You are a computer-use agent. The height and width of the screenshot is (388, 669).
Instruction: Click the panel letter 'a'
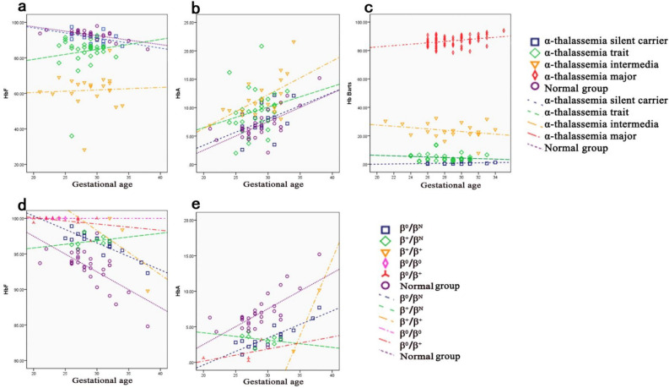point(7,8)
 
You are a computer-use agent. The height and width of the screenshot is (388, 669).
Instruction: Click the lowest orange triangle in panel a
point(84,150)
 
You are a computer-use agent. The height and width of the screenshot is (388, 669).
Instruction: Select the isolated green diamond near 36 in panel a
point(72,135)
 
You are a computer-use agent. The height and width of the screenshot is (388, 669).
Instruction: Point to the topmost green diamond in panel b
point(262,46)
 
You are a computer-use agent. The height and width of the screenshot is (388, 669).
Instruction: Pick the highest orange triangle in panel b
point(294,42)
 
